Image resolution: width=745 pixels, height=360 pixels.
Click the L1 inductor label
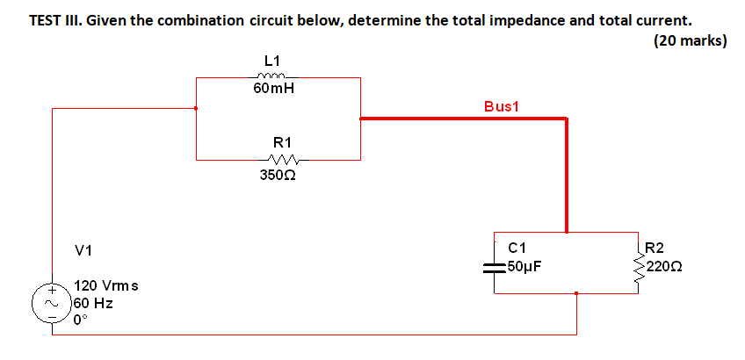[x=272, y=61]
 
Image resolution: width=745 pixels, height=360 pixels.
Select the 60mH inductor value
[x=272, y=89]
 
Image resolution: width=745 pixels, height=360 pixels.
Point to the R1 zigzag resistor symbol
[x=285, y=160]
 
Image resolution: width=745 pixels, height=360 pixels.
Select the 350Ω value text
[x=278, y=175]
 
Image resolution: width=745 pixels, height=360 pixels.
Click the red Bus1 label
[x=503, y=106]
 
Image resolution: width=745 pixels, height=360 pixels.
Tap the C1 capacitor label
[x=517, y=248]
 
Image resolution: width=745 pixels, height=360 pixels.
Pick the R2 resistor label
[x=655, y=248]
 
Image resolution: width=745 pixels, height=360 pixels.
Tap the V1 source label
[x=84, y=251]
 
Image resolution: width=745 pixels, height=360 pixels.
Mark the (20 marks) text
[x=690, y=40]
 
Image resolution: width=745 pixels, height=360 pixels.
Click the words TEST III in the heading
[x=55, y=20]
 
